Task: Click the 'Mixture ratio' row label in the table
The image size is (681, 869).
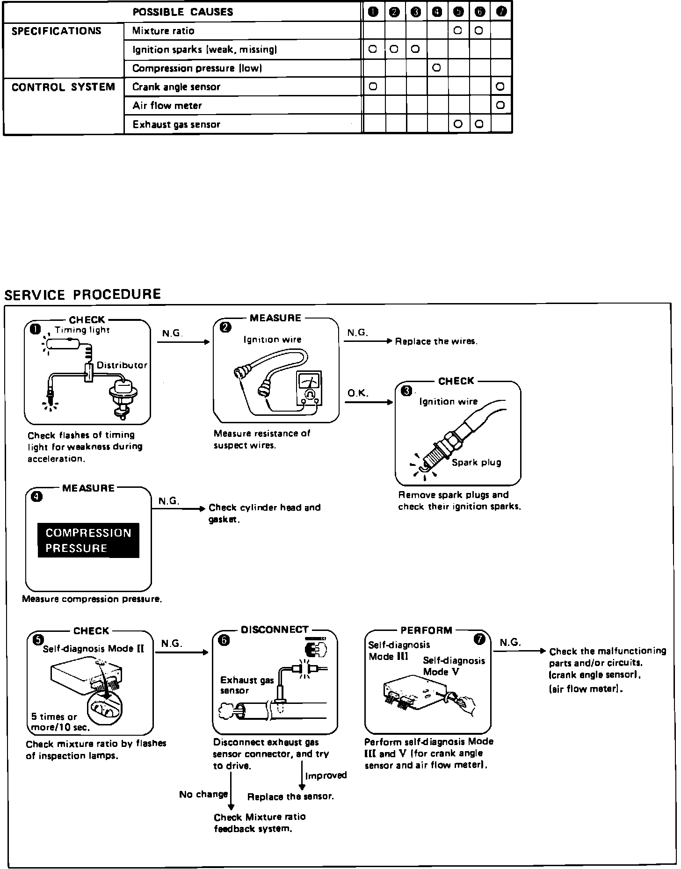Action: click(163, 31)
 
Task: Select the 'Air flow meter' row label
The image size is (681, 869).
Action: click(167, 106)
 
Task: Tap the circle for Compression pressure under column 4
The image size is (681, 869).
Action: click(436, 68)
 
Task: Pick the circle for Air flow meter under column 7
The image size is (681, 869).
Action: click(500, 105)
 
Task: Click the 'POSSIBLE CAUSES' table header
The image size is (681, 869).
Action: click(183, 12)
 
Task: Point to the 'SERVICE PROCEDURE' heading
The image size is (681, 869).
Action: click(82, 294)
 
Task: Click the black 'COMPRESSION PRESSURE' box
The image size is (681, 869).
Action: click(88, 540)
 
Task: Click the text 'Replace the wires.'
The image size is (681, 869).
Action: click(436, 341)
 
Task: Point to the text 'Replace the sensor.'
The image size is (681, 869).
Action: click(290, 797)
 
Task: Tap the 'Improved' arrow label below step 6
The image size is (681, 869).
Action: click(326, 775)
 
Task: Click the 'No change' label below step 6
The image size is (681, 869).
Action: click(203, 794)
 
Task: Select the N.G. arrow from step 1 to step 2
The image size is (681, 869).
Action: click(183, 342)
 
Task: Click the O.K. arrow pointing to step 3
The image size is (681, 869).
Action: click(369, 402)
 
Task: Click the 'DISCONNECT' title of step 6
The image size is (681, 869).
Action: click(275, 630)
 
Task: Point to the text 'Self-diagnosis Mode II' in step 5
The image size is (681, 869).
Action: click(94, 649)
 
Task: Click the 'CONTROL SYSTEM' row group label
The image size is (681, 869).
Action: click(63, 87)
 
